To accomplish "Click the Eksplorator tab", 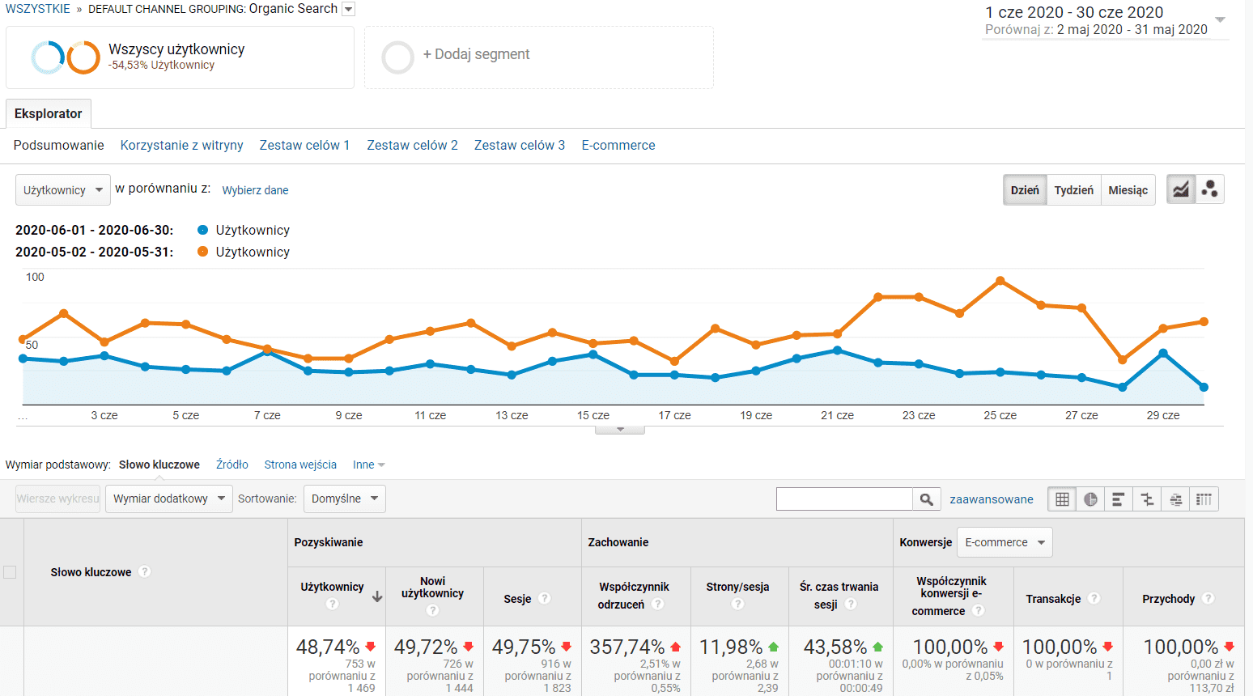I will pos(49,113).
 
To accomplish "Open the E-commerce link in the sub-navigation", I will pos(618,145).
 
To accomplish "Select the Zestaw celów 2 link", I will pos(412,145).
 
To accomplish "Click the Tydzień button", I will pos(1073,190).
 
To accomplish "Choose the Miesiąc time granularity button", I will pos(1128,190).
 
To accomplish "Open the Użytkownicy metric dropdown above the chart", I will pos(63,190).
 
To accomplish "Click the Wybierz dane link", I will pos(255,190).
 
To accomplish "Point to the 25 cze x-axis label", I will pos(1000,415).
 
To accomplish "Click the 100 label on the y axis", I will pos(35,277).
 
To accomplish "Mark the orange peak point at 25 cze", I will pos(1000,281).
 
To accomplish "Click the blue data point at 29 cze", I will pos(1163,353).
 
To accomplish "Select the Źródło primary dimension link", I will pos(231,465).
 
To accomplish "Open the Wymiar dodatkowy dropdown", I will pos(168,499).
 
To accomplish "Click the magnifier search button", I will pos(926,499).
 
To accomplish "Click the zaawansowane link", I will pos(991,499).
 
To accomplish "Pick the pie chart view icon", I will pos(1090,499).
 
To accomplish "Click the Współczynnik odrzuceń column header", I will pos(634,596).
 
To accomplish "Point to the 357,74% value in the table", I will pos(627,647).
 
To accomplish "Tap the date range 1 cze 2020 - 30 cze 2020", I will pos(1074,12).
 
